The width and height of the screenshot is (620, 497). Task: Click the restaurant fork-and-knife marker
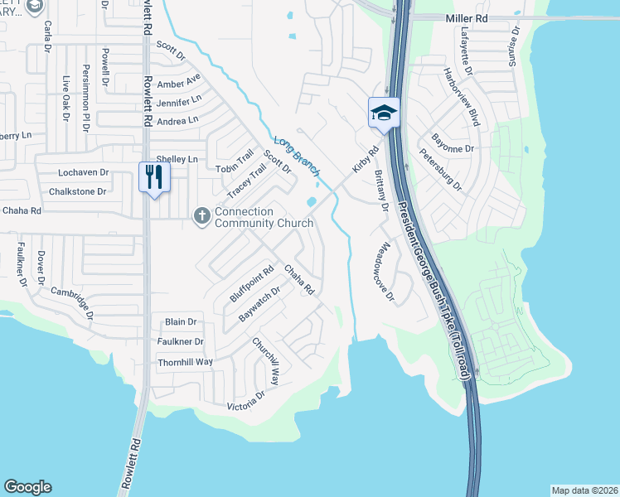[x=153, y=176]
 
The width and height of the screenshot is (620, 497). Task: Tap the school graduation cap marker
[x=384, y=112]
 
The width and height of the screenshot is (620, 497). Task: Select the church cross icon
[x=201, y=216]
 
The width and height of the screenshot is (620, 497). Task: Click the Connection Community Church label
[x=264, y=217]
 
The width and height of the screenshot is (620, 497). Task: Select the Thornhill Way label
[x=185, y=362]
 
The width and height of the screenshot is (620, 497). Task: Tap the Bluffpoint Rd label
[x=251, y=283]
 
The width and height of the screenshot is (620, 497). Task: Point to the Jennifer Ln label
[x=178, y=103]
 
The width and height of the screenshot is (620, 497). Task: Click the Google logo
[x=28, y=487]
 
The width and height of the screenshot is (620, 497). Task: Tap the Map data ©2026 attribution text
[x=584, y=490]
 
